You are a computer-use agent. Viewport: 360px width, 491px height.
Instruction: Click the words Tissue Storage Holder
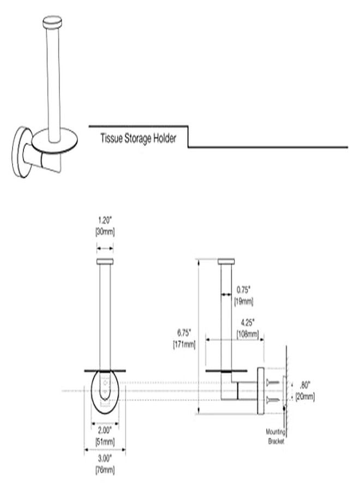[138, 139]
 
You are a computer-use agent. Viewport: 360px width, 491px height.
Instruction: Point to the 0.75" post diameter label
[244, 290]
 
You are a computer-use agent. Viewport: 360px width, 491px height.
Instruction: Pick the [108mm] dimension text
[247, 332]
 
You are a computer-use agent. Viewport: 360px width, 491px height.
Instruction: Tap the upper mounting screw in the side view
[275, 384]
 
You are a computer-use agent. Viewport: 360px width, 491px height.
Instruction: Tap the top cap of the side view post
[225, 262]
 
